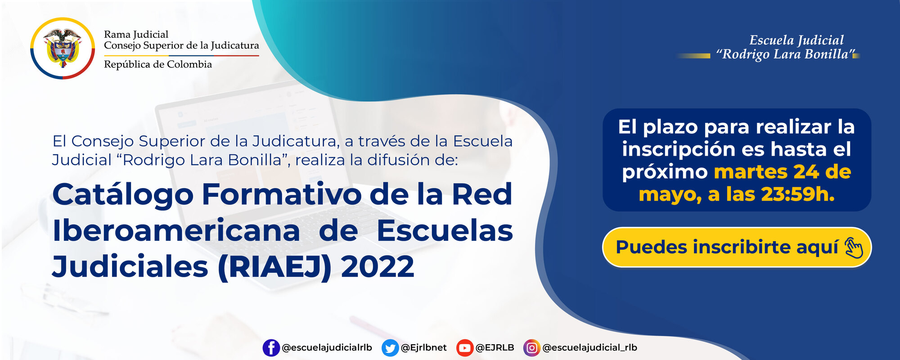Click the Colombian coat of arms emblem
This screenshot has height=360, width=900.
click(63, 48)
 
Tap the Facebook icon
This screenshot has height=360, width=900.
click(271, 348)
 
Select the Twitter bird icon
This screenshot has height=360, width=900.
click(390, 348)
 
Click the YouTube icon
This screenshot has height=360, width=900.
click(464, 348)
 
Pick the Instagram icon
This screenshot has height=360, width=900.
click(531, 348)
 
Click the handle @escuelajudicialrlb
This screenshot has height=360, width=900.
click(327, 348)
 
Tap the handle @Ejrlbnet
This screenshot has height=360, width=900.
click(423, 348)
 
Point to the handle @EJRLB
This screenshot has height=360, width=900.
click(495, 348)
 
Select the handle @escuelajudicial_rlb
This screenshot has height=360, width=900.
click(589, 348)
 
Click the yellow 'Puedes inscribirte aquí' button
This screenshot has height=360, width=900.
click(736, 247)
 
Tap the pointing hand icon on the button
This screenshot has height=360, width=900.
click(853, 247)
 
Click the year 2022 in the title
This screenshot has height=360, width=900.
click(377, 267)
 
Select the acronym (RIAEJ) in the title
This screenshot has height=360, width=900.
click(274, 267)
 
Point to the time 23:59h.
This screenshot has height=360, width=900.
click(797, 194)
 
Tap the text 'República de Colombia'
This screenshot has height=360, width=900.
click(157, 64)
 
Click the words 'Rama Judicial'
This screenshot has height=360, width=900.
click(136, 34)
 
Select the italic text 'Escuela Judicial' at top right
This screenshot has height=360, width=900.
click(796, 40)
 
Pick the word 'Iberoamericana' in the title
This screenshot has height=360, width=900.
click(176, 231)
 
